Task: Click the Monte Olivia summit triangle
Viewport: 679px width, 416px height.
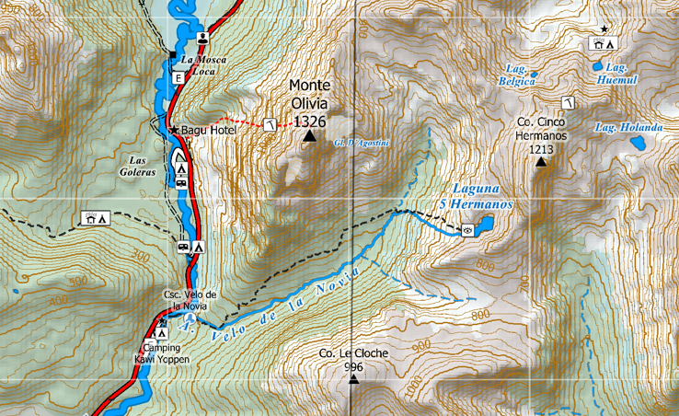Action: click(x=309, y=137)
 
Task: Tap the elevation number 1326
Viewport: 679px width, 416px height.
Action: click(x=309, y=120)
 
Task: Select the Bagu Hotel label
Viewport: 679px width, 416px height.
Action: click(x=209, y=131)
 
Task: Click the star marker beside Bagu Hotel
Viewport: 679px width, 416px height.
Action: click(x=173, y=131)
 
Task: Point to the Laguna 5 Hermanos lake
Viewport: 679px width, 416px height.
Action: click(x=484, y=224)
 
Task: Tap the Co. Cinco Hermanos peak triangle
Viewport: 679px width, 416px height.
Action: click(x=541, y=162)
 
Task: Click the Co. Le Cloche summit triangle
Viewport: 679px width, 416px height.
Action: click(x=353, y=378)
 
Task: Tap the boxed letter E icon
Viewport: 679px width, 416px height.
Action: click(x=178, y=78)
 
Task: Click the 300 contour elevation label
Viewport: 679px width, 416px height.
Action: click(x=140, y=252)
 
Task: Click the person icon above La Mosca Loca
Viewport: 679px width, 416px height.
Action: click(x=202, y=39)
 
